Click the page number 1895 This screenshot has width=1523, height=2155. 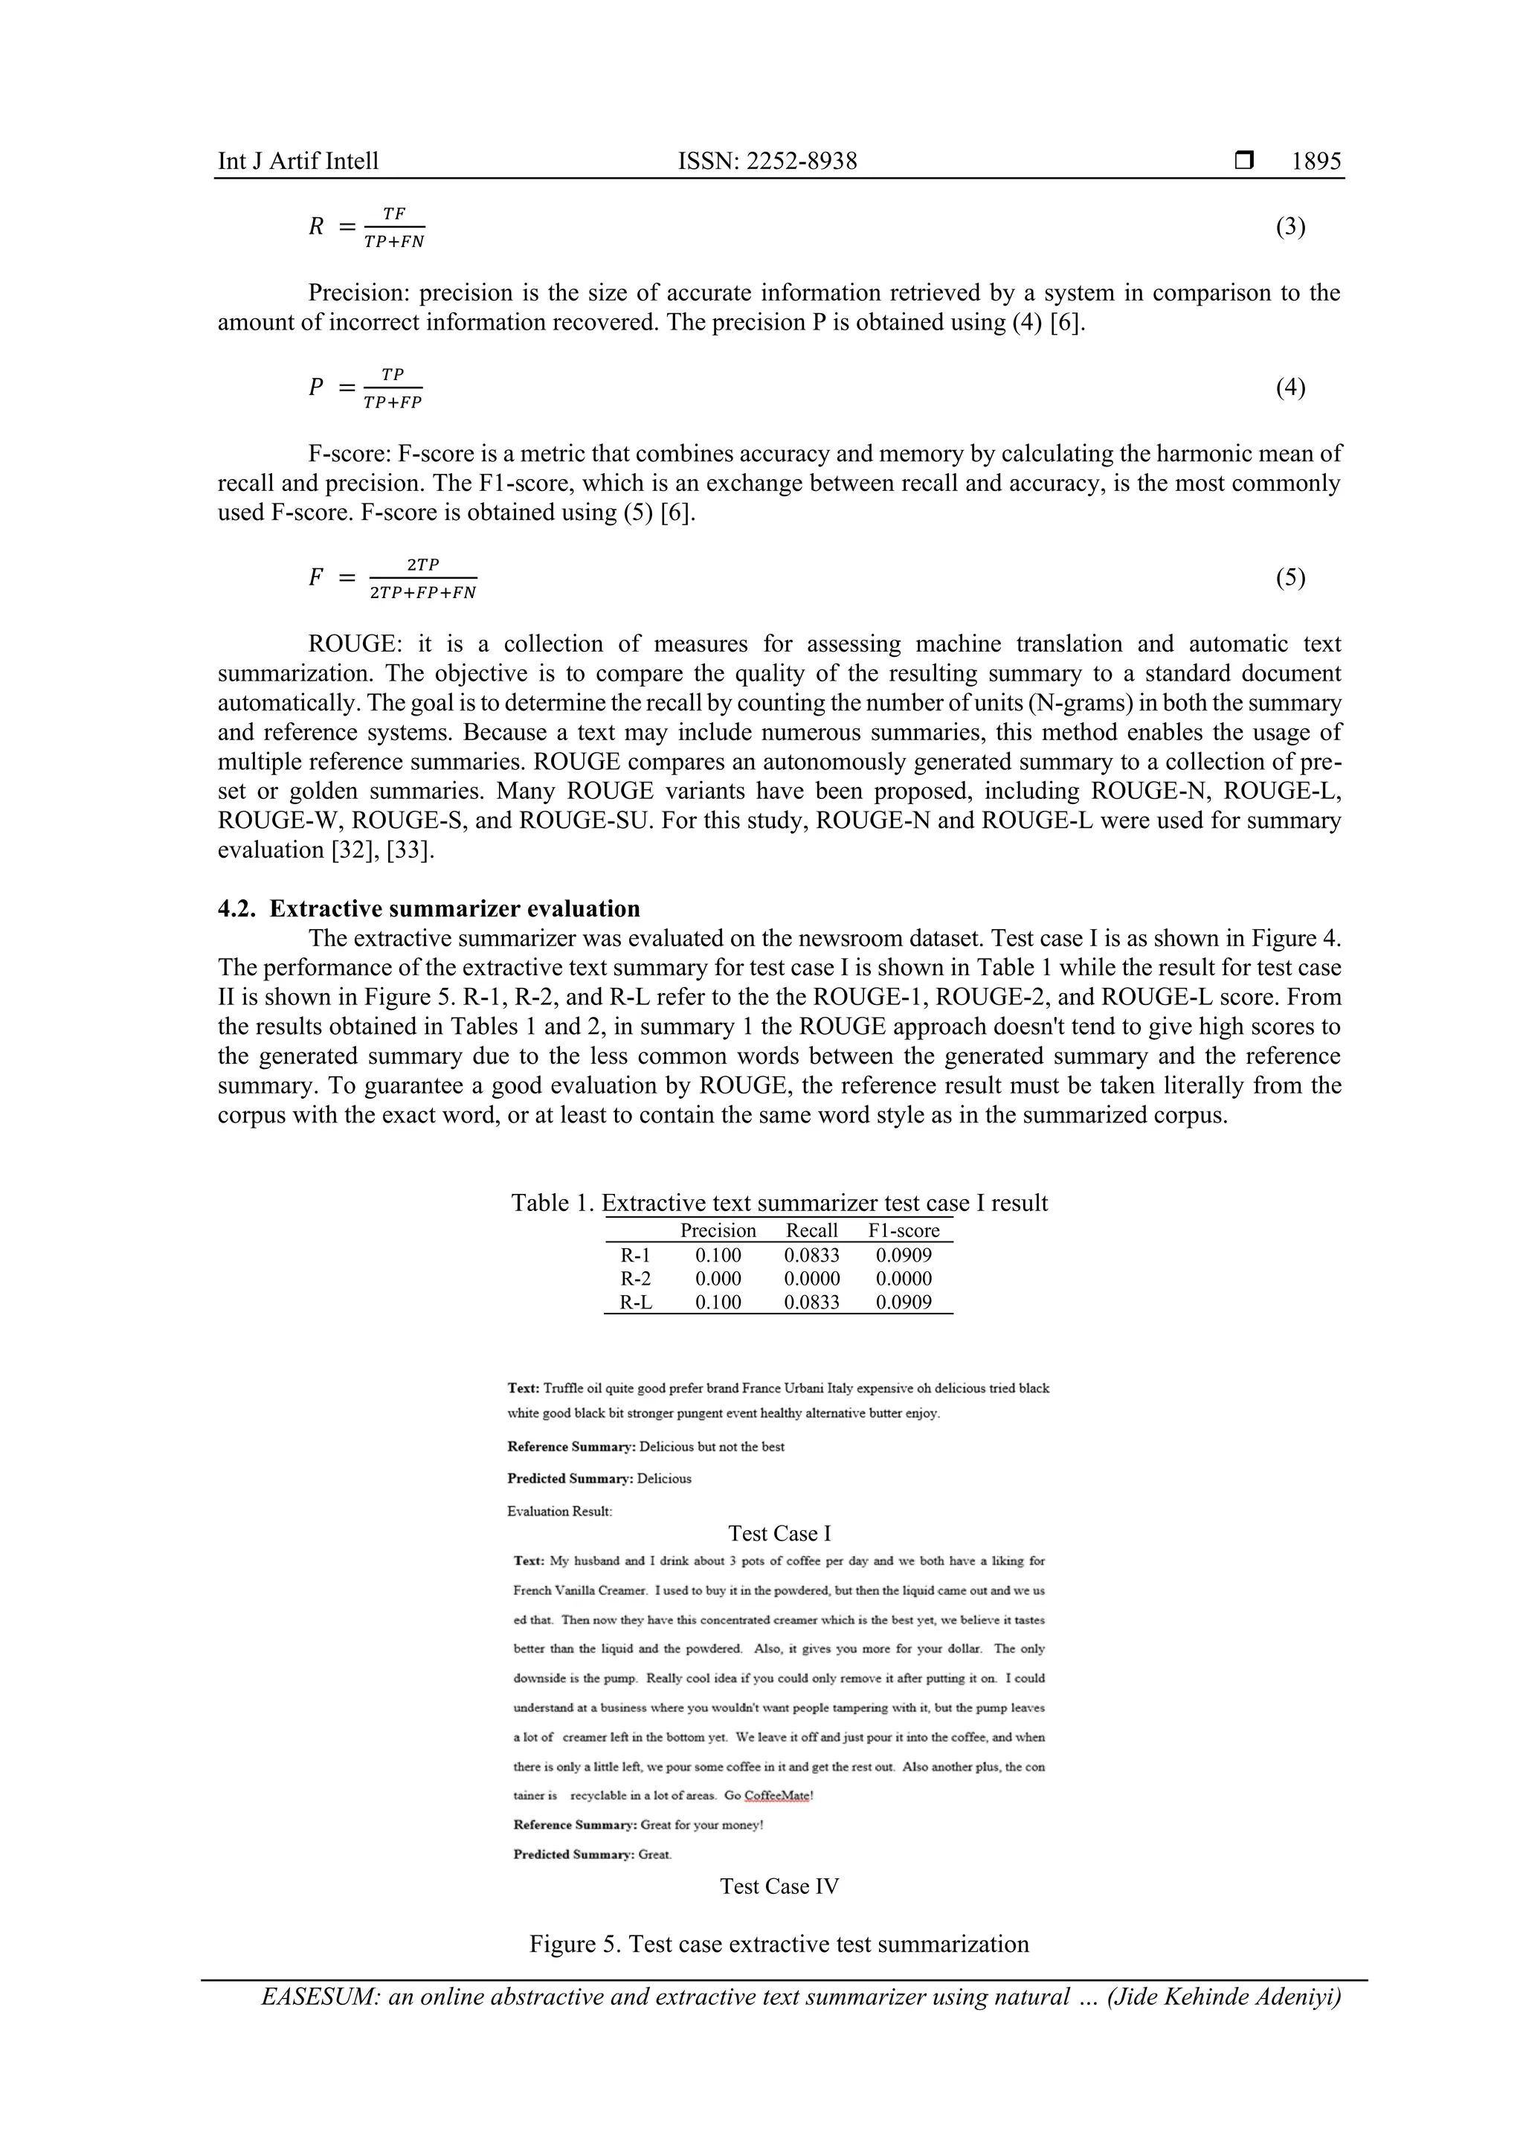(x=1316, y=161)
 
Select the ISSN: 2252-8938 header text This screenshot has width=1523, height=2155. (x=767, y=161)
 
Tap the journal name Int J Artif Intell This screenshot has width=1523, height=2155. (x=298, y=161)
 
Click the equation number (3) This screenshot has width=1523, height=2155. (x=1290, y=226)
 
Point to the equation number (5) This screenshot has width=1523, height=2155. (x=1290, y=577)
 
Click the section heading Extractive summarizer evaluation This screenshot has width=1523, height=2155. (x=454, y=908)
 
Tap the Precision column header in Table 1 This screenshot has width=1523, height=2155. (x=718, y=1230)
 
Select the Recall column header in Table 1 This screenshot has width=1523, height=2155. (x=812, y=1230)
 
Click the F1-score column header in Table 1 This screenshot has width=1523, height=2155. (x=904, y=1230)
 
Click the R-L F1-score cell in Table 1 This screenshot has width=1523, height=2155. (x=904, y=1302)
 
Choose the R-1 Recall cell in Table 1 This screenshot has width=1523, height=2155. (x=812, y=1255)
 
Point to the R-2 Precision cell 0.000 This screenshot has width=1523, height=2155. (x=718, y=1279)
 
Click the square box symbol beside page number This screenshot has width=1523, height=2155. (x=1243, y=161)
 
